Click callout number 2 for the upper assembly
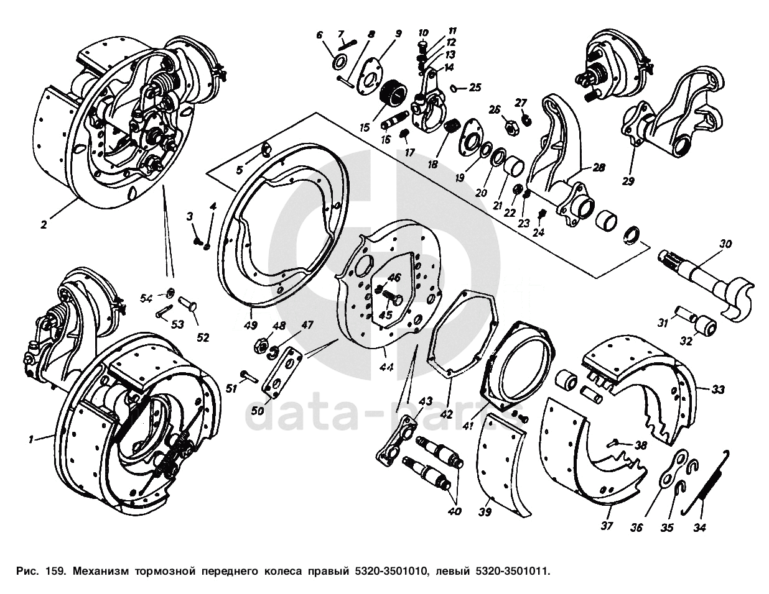tap(43, 225)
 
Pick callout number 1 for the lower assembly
tap(30, 439)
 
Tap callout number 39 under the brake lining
tap(485, 512)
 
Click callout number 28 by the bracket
tap(598, 168)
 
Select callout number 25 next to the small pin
tap(475, 88)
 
